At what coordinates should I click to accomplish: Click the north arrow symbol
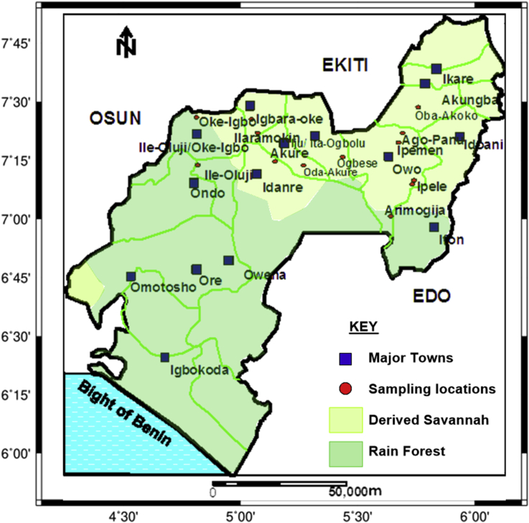point(126,41)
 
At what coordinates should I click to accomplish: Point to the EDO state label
point(431,296)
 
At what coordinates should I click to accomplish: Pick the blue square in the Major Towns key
point(345,357)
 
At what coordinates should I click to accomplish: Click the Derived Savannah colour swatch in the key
point(345,420)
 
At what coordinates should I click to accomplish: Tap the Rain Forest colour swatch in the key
point(345,452)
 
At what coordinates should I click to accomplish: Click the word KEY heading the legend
point(362,327)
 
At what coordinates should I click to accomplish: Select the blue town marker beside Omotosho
point(131,276)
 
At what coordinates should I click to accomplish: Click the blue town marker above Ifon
point(434,227)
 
